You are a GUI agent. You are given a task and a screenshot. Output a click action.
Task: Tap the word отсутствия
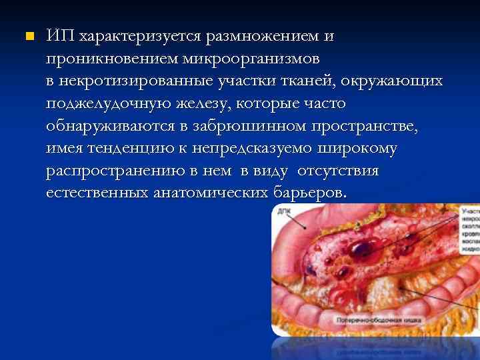[x=338, y=171]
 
